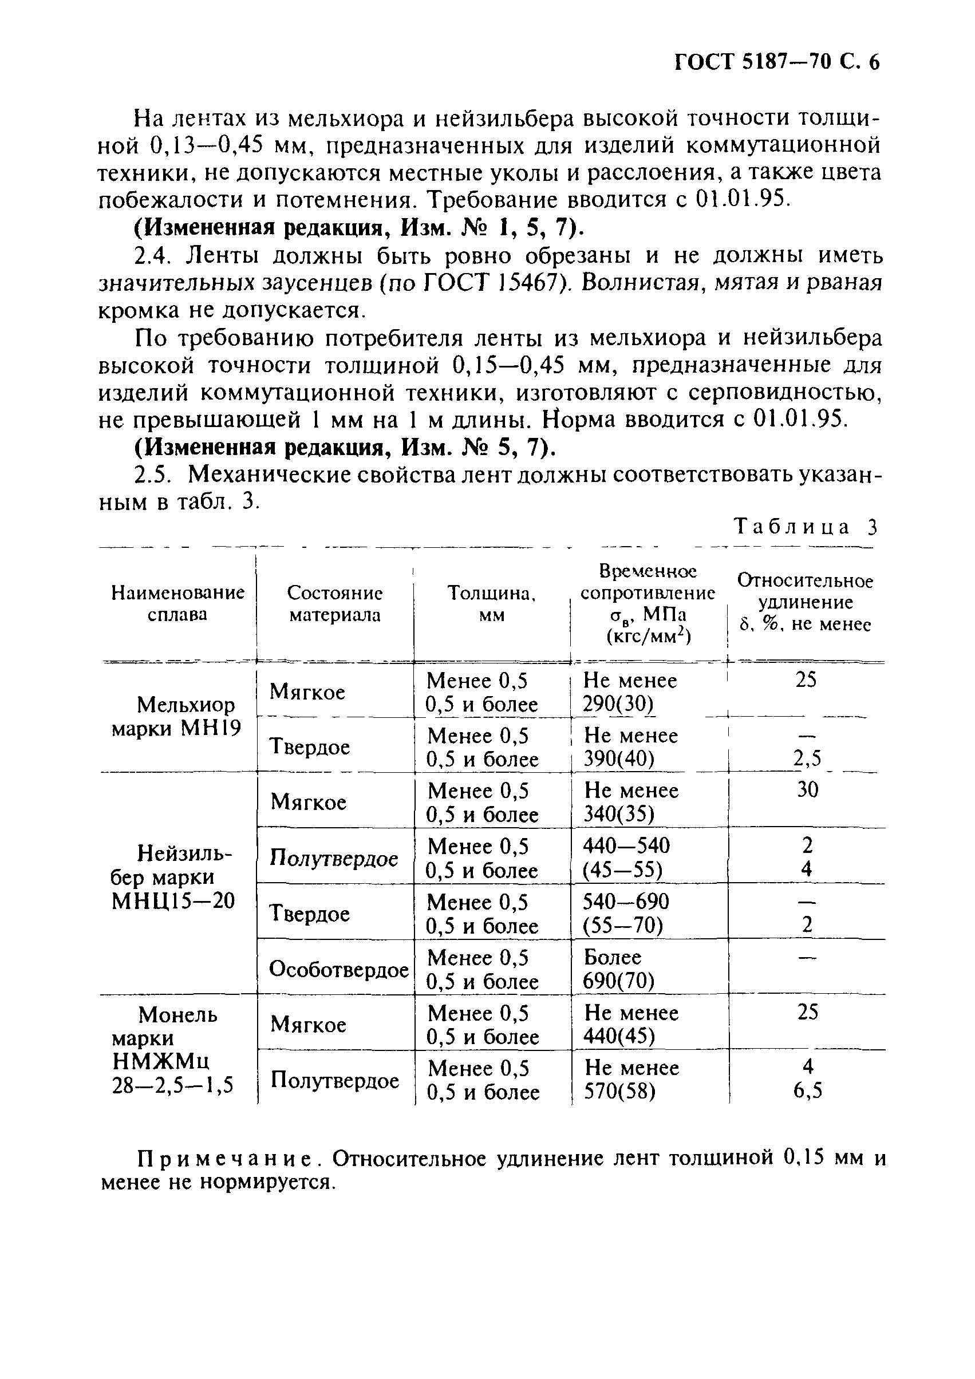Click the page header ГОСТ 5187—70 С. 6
tap(776, 62)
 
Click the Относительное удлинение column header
tap(805, 602)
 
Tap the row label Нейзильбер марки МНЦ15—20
tap(173, 877)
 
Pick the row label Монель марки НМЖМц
tap(173, 1050)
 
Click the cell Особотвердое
tap(338, 969)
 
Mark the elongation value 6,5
tap(807, 1090)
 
